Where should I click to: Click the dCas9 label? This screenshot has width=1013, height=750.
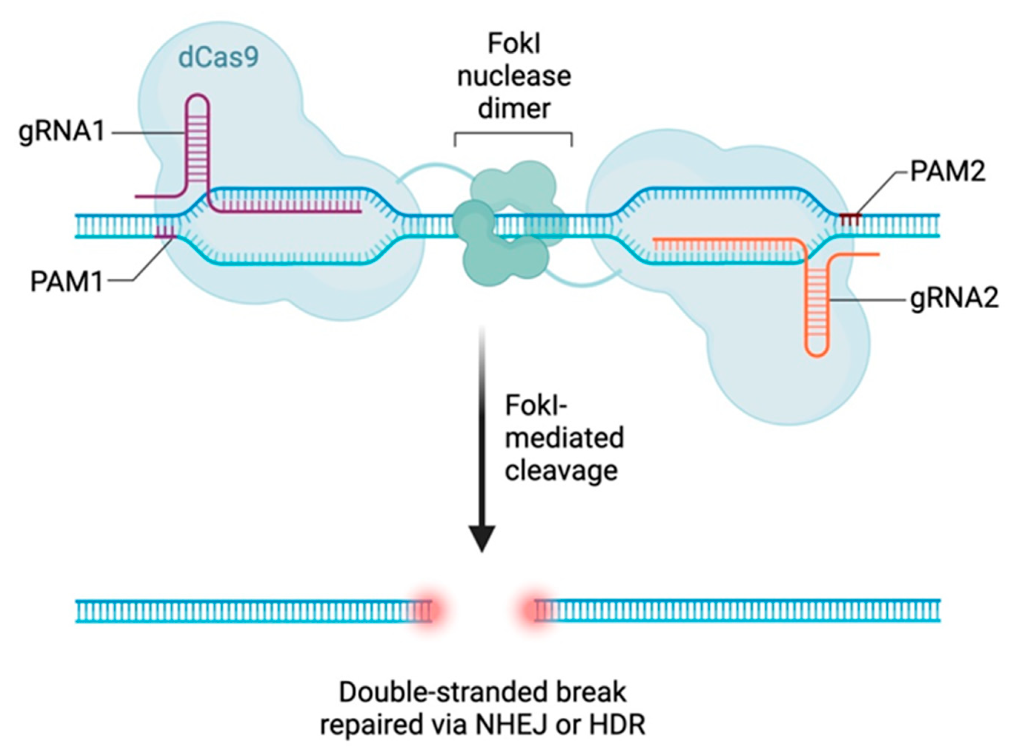point(218,58)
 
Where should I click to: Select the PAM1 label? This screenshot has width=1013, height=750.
point(66,281)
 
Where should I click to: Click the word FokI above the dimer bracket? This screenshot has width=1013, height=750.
point(514,44)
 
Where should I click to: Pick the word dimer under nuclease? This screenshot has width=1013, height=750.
point(514,109)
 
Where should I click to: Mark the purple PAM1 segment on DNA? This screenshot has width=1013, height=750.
point(165,232)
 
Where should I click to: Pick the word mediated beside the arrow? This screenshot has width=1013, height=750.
point(565,438)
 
